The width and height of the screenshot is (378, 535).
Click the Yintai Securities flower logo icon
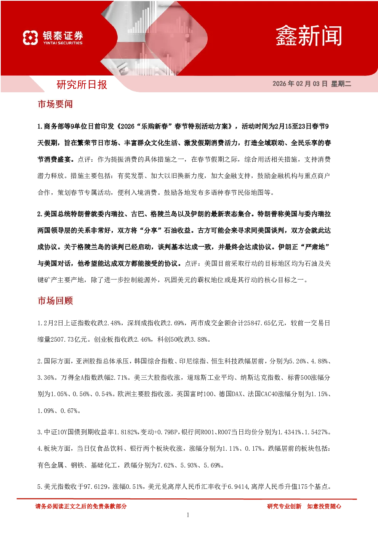point(30,37)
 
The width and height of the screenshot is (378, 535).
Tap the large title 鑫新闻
point(309,36)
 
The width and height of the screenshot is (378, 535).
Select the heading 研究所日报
point(82,85)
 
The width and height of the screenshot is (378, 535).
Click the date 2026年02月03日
point(300,84)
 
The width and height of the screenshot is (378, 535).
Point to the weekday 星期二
point(341,84)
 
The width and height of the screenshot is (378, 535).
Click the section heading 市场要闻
point(55,104)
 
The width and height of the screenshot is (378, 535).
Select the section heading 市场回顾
point(55,300)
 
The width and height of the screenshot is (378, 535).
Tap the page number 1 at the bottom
point(188,515)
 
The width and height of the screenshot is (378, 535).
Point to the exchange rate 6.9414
point(238,487)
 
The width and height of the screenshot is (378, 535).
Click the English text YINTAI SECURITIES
point(63,43)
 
